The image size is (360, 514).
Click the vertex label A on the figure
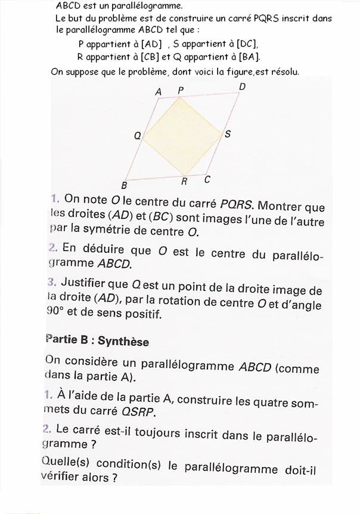coord(159,92)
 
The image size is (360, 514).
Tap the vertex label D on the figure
coord(242,87)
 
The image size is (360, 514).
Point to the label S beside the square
coord(227,134)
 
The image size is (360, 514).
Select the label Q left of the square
coord(137,136)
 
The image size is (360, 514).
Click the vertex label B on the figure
coord(125,185)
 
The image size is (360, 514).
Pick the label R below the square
coord(185,181)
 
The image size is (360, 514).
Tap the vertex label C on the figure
coord(207,179)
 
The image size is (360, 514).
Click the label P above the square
coord(181,90)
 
